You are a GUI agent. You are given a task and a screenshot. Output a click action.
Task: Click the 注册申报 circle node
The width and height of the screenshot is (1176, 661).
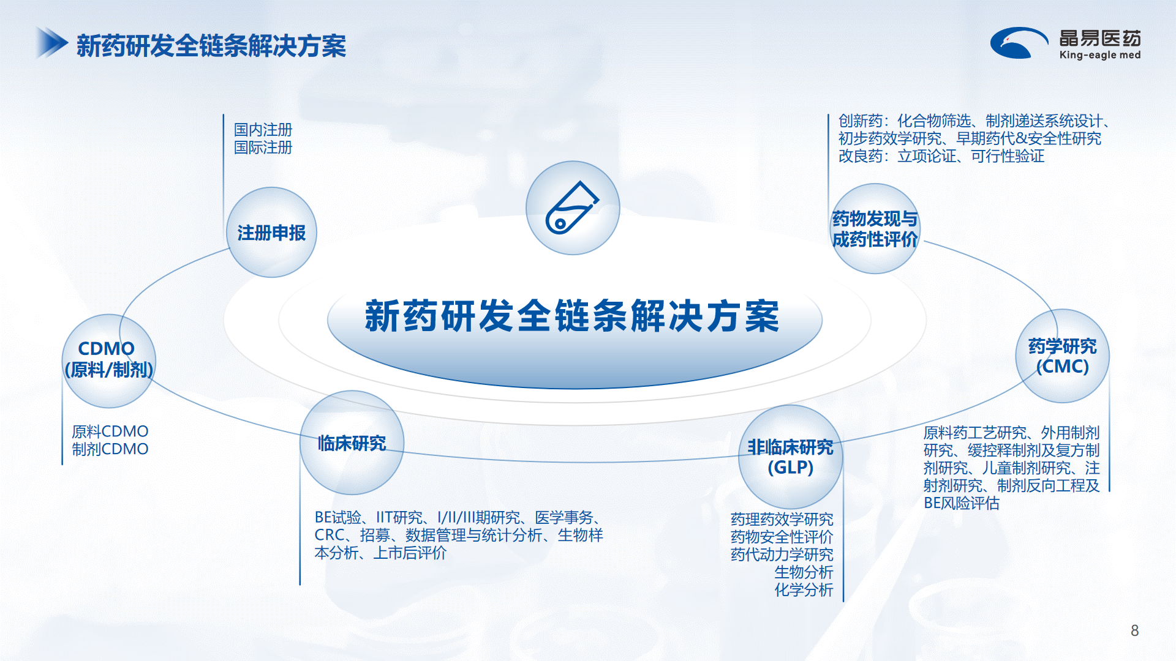click(x=271, y=233)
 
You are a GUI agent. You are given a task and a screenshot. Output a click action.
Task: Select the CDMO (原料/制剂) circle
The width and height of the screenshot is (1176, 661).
click(x=108, y=361)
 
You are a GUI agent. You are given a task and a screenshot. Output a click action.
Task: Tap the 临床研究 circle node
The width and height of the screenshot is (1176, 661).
click(x=352, y=443)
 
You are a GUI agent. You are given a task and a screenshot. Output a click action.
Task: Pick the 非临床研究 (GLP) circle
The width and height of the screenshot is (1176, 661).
click(x=790, y=457)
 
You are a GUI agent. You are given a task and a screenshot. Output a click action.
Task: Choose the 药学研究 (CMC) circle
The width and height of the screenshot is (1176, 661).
click(x=1062, y=356)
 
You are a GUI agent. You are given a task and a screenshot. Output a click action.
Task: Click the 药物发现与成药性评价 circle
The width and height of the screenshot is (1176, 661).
click(x=875, y=229)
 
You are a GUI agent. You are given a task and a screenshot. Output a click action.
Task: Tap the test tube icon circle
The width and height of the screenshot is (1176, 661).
click(x=573, y=208)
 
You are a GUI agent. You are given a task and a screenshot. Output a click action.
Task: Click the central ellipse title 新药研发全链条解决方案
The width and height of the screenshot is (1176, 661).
click(x=573, y=316)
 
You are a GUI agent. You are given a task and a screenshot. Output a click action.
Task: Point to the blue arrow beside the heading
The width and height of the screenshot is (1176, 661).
click(x=51, y=43)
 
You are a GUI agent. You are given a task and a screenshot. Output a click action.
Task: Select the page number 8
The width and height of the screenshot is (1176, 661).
click(x=1134, y=630)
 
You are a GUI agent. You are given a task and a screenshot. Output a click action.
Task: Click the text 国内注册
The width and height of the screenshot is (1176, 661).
click(x=263, y=130)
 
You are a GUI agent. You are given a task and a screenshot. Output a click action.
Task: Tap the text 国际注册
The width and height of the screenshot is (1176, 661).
click(x=263, y=148)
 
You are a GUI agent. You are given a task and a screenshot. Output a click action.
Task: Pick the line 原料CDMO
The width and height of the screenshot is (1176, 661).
click(x=110, y=431)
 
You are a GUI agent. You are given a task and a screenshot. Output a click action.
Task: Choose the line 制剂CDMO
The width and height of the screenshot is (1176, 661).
click(x=110, y=449)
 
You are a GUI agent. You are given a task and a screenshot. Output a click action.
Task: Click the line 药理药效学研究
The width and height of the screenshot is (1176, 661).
click(x=782, y=520)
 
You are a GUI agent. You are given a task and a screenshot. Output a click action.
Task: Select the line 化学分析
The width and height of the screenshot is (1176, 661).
click(x=804, y=590)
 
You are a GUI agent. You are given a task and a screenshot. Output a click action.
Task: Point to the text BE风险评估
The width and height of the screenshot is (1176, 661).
click(x=962, y=503)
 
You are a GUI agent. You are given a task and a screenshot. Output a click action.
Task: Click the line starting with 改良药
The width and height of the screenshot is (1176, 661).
click(x=941, y=156)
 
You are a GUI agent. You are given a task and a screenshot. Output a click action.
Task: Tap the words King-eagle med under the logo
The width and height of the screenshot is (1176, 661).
click(x=1100, y=55)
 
